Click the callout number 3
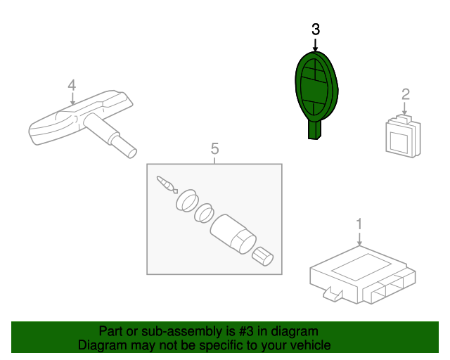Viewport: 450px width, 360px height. click(316, 30)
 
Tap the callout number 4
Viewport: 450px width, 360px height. click(72, 85)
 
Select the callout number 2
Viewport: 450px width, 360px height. click(406, 94)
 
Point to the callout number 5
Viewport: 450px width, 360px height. click(214, 148)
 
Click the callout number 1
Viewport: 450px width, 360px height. click(359, 224)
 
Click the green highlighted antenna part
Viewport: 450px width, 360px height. click(316, 89)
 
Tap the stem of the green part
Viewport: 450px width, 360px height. click(314, 130)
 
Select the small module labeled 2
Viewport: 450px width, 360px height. click(403, 136)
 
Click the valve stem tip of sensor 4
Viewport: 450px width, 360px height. click(131, 153)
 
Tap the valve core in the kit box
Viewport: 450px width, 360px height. click(167, 184)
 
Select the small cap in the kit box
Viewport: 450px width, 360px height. click(262, 257)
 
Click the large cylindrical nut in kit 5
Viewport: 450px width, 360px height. click(233, 234)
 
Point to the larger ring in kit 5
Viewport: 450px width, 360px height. click(187, 200)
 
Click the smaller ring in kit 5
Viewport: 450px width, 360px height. click(204, 213)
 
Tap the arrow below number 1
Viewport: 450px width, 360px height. click(359, 239)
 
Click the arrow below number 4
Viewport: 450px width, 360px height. click(72, 98)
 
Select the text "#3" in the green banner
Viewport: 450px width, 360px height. click(246, 331)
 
